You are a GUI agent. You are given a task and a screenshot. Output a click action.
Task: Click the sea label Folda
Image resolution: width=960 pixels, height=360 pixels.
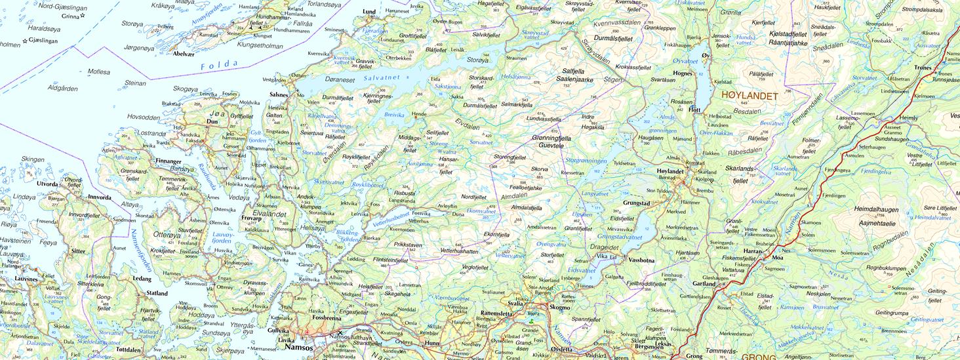coord(219,64)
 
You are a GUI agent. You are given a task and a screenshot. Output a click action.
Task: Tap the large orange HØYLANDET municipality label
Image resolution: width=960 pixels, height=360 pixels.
coord(748,96)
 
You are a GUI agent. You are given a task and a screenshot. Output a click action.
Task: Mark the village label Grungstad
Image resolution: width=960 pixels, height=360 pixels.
coord(637,203)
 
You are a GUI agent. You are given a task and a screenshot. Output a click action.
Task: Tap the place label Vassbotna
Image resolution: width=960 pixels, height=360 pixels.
coord(642,260)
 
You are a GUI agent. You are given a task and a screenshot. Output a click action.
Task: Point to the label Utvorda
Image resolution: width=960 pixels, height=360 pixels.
coord(47,185)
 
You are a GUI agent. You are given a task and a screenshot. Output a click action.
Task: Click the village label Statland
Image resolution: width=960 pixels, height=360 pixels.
coord(157,293)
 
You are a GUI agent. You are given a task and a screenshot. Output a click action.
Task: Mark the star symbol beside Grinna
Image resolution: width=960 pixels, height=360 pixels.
coord(83,15)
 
